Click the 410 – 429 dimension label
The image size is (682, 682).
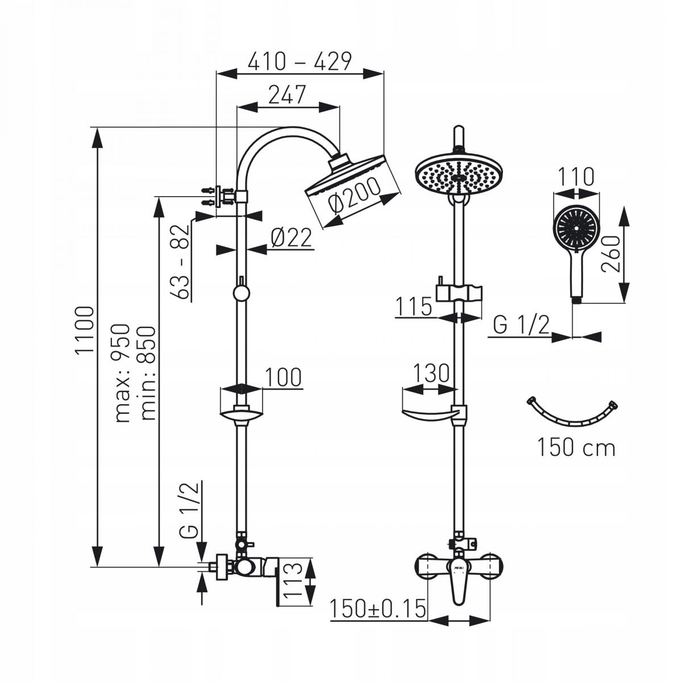coord(300,61)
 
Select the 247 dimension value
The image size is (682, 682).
coord(287,95)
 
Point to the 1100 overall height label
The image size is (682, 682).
coord(85,330)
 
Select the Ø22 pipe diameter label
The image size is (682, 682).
coord(292,238)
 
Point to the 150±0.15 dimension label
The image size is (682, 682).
coord(377,609)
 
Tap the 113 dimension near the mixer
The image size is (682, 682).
coord(291,581)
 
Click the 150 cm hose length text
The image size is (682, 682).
coord(577,448)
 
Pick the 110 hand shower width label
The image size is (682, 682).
coord(576,177)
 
